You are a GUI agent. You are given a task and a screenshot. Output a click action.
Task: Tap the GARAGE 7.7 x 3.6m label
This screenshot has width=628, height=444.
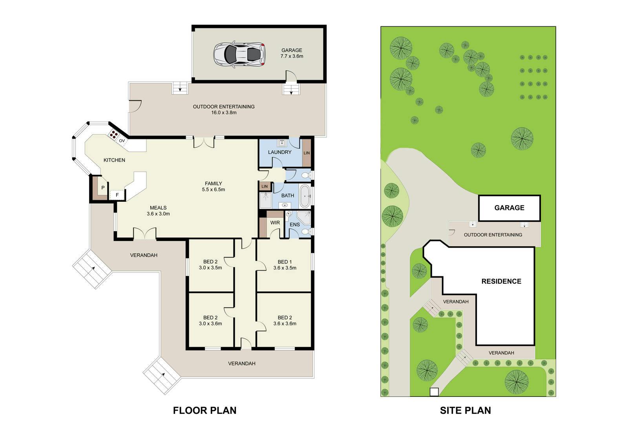click(x=292, y=53)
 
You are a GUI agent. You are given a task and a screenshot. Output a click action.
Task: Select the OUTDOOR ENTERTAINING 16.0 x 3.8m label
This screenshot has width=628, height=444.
click(x=224, y=110)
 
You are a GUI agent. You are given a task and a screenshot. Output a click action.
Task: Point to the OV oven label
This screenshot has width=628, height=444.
click(x=122, y=141)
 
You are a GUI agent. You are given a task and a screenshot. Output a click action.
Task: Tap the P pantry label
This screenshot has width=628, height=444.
click(x=103, y=188)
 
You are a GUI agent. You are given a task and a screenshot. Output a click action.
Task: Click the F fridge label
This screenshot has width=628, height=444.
click(x=117, y=195)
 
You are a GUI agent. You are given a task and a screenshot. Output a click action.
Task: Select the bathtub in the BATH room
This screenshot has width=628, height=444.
click(x=305, y=196)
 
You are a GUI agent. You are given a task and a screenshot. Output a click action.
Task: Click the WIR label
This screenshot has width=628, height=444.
click(x=275, y=223)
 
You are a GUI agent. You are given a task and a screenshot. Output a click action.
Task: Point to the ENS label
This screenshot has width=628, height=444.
click(x=295, y=225)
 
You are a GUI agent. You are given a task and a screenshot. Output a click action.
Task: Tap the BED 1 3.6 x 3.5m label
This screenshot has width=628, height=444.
click(x=285, y=265)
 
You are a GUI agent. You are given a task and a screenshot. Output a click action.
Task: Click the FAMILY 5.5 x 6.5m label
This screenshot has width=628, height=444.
click(x=214, y=186)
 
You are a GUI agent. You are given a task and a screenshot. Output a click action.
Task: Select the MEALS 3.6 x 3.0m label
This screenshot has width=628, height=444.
click(x=158, y=211)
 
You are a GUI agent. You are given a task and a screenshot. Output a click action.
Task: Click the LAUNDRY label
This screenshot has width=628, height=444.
click(x=279, y=152)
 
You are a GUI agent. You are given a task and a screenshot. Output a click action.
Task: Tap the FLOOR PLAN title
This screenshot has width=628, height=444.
click(x=204, y=410)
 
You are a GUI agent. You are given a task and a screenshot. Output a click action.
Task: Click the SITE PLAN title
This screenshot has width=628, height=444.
click(x=466, y=410)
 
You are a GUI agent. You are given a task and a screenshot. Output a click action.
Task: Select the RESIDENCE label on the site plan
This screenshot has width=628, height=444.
click(x=501, y=281)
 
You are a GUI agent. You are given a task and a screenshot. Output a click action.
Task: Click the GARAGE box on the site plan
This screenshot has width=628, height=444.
click(x=509, y=208)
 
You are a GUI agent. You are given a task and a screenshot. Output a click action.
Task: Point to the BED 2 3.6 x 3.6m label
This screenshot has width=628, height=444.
click(x=285, y=321)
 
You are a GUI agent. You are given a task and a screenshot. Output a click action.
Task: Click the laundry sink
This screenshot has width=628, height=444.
click(x=282, y=143)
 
